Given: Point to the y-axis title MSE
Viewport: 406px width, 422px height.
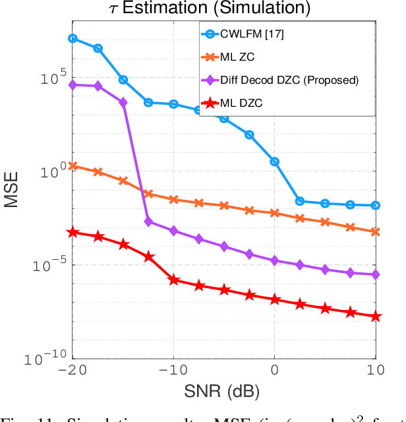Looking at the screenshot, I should (12, 190).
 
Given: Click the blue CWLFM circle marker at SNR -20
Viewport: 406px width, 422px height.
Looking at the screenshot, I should (72, 38).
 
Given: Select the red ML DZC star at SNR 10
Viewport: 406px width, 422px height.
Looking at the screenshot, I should (376, 316).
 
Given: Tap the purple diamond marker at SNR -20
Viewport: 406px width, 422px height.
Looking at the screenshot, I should (72, 84).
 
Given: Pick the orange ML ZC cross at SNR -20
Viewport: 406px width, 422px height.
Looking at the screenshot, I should (72, 166).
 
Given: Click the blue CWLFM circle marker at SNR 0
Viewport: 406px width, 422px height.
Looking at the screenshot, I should (275, 161).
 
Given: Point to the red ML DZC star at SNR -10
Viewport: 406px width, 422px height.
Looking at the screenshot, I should (174, 280).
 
